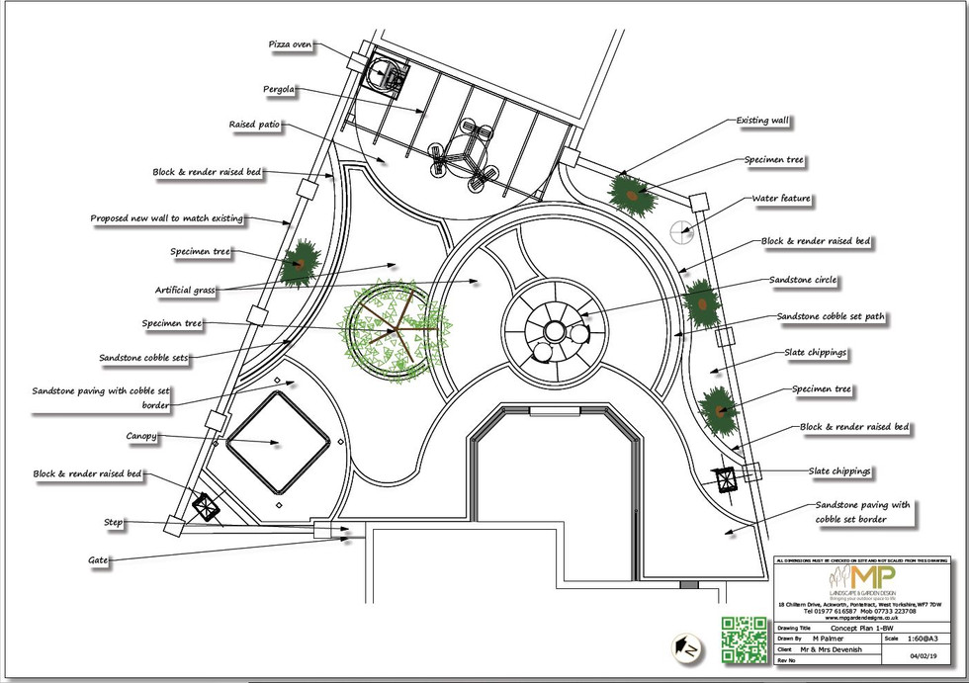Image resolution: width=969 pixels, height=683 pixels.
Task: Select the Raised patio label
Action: [254, 126]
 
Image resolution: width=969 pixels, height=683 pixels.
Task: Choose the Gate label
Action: [97, 560]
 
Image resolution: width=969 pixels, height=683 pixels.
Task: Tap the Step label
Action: [113, 522]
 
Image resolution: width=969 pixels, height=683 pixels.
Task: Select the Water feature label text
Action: [781, 199]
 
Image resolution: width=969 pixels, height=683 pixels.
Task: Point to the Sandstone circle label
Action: [803, 281]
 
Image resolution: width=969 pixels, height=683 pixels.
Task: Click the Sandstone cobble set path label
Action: [831, 317]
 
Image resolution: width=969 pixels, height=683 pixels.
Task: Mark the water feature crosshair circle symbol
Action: [681, 232]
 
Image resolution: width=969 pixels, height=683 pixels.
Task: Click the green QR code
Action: [744, 640]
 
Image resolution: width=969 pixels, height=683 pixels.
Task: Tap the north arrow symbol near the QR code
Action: [684, 646]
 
